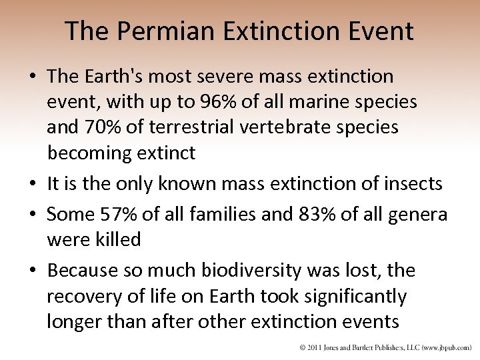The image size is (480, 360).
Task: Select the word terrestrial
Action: pyautogui.click(x=201, y=127)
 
